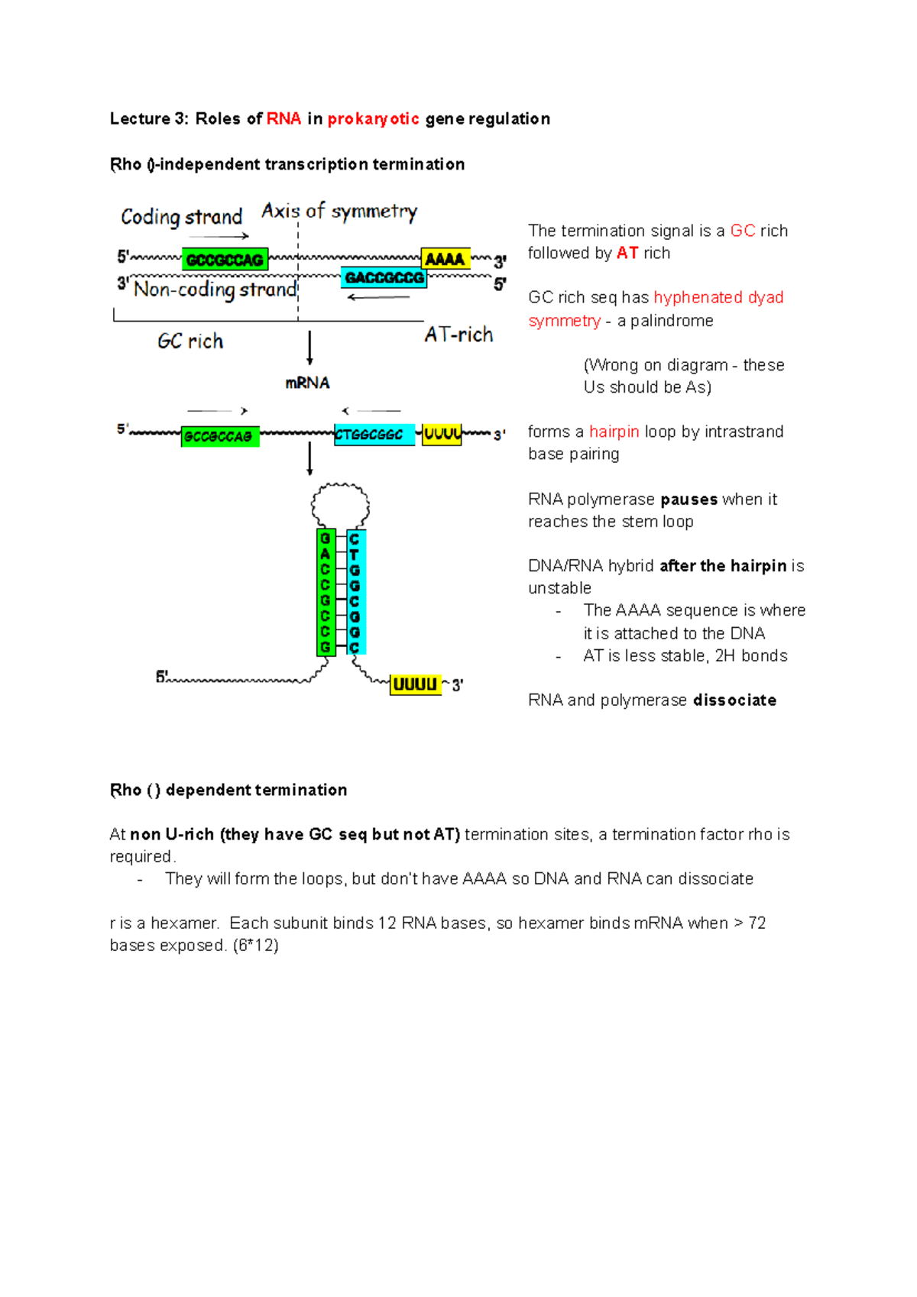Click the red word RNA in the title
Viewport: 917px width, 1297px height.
(284, 119)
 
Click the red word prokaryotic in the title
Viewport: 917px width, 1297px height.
(373, 119)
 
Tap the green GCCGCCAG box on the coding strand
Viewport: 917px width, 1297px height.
(225, 260)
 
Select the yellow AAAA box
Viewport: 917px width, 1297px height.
(445, 260)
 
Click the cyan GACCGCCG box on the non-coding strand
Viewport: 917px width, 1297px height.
(384, 278)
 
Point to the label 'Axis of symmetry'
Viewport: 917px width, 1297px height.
(339, 212)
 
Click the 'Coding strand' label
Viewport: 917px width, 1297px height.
(181, 218)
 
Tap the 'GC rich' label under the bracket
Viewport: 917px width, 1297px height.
(190, 341)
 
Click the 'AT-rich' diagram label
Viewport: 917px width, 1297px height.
(458, 335)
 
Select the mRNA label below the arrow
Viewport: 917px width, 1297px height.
(307, 383)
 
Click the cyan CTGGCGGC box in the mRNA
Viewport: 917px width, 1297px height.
(374, 435)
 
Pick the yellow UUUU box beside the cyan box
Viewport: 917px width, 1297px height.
(442, 435)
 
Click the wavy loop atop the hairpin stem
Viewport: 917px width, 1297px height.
(340, 505)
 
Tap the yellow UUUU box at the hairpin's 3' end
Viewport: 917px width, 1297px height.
(415, 684)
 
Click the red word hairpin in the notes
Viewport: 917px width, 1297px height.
(614, 432)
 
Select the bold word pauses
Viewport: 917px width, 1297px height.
(689, 500)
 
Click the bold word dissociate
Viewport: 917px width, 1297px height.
(734, 700)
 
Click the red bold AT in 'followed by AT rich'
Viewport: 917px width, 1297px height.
(627, 254)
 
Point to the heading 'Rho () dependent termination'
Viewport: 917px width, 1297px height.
(228, 791)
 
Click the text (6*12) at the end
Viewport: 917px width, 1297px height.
(255, 946)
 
